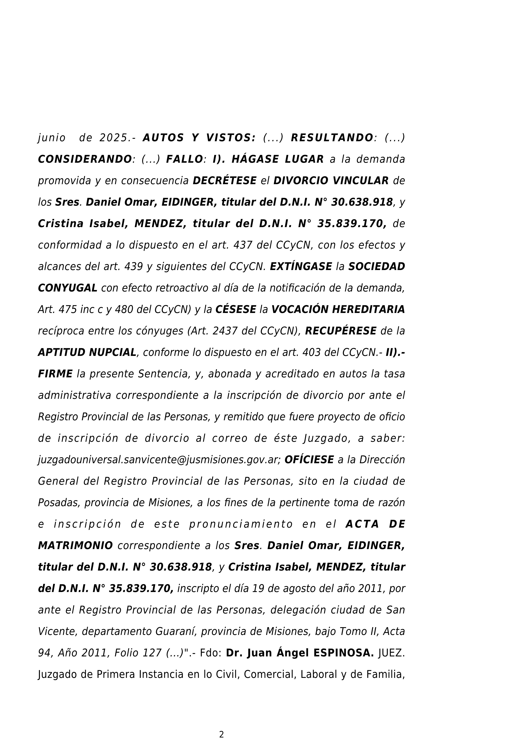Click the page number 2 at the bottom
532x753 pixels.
click(x=222, y=735)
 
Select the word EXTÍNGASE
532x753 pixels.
click(x=301, y=267)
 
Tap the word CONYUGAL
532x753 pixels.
click(x=68, y=288)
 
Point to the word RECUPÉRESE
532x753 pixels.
click(x=341, y=331)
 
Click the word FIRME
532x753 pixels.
click(x=55, y=374)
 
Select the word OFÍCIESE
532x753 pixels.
click(x=309, y=460)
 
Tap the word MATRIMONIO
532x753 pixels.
click(x=75, y=546)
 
